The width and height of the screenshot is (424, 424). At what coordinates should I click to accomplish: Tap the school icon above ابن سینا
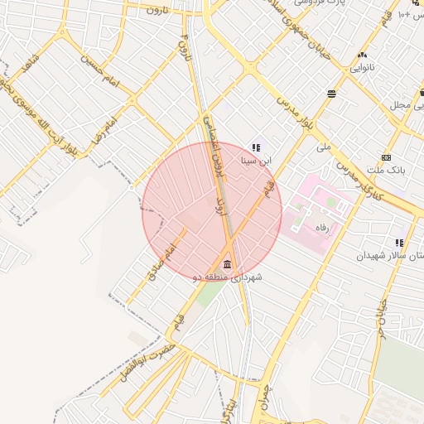(x=255, y=147)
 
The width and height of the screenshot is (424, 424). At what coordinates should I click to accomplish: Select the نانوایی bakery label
(x=361, y=66)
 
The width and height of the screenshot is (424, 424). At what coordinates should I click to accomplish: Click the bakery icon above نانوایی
(x=362, y=55)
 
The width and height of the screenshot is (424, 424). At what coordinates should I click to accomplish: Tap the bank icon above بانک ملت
(x=386, y=157)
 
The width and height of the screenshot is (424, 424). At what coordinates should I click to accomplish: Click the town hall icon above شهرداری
(x=228, y=263)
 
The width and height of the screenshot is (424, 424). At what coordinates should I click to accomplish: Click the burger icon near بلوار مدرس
(x=331, y=94)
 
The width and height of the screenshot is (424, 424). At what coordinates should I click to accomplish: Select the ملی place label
(x=323, y=147)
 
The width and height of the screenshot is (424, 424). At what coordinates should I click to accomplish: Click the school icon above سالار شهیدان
(x=400, y=243)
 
